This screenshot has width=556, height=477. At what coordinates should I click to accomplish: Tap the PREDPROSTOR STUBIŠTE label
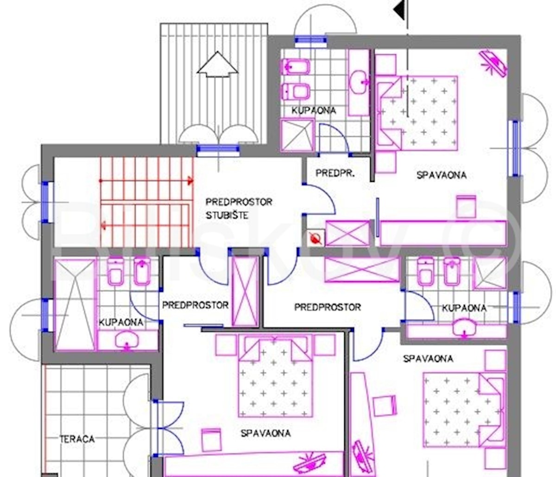click(239, 209)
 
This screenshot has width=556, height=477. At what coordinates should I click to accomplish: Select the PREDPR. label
click(335, 173)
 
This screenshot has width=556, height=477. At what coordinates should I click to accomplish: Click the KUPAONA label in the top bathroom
click(314, 110)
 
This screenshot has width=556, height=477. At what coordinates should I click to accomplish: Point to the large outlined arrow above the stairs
click(218, 64)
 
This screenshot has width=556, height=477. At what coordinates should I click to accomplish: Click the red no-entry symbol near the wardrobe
click(316, 238)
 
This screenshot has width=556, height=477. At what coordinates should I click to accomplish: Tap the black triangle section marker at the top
click(399, 10)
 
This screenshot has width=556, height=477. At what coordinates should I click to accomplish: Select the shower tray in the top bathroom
click(297, 135)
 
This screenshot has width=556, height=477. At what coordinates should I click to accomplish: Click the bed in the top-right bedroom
click(417, 113)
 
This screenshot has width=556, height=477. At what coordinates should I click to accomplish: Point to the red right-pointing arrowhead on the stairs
click(190, 180)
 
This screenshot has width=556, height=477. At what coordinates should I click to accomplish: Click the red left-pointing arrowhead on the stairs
click(103, 225)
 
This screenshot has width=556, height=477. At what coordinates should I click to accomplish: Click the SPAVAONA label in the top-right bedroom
click(442, 175)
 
